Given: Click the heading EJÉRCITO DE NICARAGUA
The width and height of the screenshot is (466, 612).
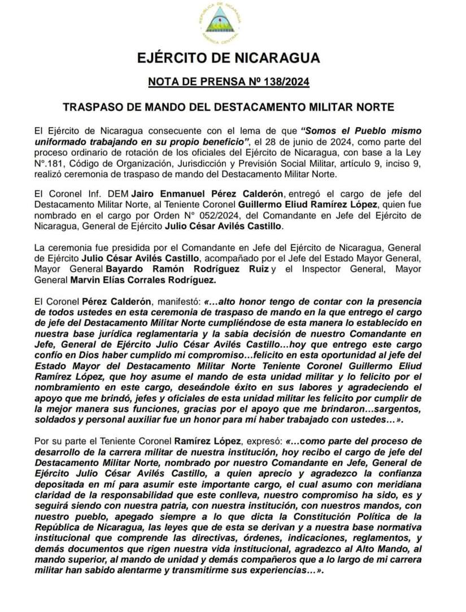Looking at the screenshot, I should pos(229,58).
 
